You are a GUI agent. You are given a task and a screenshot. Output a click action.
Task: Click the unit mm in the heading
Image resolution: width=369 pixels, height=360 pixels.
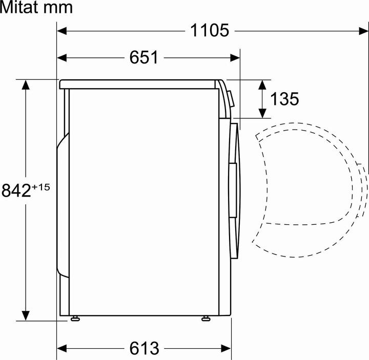point(58,8)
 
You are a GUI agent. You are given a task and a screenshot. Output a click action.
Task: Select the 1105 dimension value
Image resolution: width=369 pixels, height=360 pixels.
point(210,31)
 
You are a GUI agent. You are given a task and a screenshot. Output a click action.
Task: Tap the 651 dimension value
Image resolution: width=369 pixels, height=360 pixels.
point(143,58)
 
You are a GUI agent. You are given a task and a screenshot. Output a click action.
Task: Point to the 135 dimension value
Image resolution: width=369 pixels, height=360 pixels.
point(284,99)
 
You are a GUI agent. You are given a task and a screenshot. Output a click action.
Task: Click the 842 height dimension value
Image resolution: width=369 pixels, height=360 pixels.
point(16,190)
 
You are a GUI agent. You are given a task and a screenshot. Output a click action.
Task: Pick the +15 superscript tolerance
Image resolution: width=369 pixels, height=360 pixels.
point(41,187)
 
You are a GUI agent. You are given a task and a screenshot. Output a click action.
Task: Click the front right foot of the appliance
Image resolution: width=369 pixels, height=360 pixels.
point(206,319)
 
